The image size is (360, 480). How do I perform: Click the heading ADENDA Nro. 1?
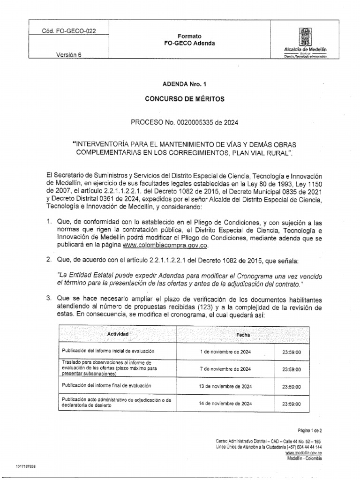click(x=180, y=85)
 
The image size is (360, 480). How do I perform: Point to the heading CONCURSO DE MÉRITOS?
click(x=180, y=99)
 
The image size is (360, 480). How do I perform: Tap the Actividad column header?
click(x=118, y=334)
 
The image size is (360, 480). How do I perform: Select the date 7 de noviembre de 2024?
click(x=225, y=369)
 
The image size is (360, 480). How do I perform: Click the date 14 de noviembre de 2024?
click(x=225, y=403)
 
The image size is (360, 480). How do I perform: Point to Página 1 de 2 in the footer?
click(x=310, y=430)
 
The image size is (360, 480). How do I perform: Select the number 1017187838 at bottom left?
click(x=29, y=467)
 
